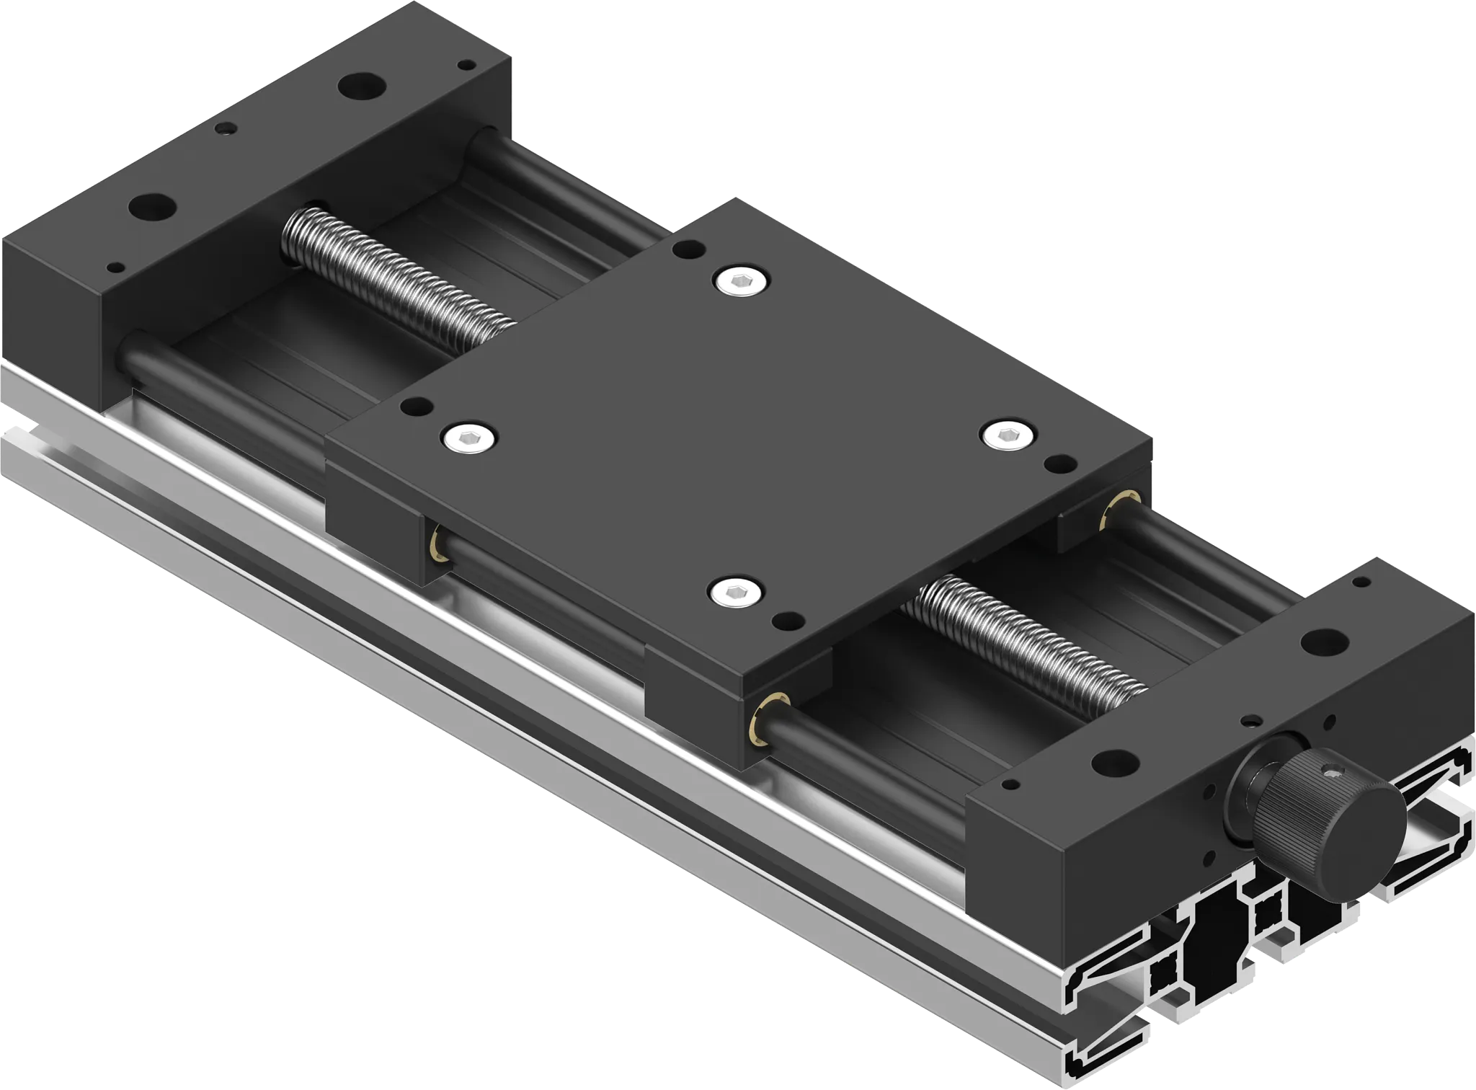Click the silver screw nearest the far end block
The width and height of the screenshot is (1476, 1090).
click(x=742, y=282)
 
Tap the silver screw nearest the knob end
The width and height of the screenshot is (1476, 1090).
click(x=735, y=593)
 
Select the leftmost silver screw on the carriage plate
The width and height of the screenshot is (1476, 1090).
click(x=471, y=438)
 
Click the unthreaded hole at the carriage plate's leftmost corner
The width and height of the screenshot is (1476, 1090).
click(x=417, y=407)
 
